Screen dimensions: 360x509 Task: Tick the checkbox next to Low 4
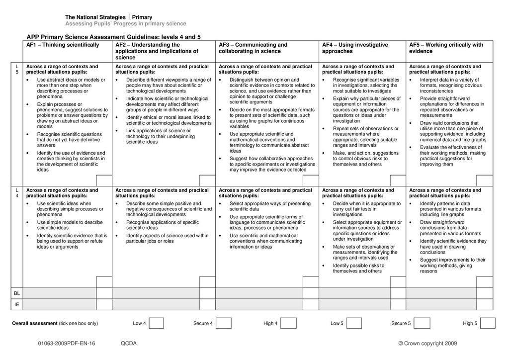[156, 323]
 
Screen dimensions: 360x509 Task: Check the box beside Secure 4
[224, 323]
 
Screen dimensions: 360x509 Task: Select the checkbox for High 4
[291, 323]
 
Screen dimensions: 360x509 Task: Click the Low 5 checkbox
[354, 323]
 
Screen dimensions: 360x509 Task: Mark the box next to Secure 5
[422, 323]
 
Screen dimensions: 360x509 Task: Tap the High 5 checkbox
[488, 323]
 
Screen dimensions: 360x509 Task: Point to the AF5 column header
[446, 48]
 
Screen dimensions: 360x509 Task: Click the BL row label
[17, 293]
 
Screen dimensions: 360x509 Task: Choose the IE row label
[17, 304]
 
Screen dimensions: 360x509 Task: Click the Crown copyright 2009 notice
[427, 343]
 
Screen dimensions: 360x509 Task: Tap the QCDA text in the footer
[128, 343]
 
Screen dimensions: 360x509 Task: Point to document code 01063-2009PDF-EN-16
[66, 343]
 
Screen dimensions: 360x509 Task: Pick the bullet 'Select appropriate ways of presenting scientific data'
[269, 206]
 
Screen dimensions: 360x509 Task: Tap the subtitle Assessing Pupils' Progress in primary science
[126, 24]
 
